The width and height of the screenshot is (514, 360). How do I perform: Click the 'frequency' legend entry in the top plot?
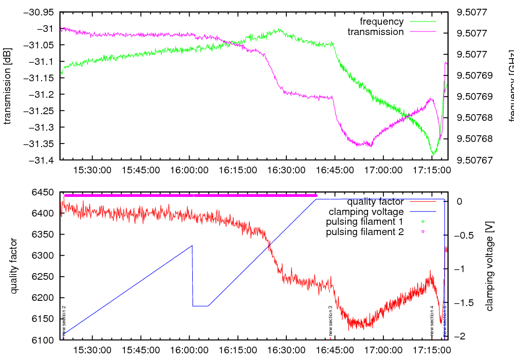pyautogui.click(x=381, y=22)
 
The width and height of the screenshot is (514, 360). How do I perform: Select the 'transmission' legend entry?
pyautogui.click(x=375, y=32)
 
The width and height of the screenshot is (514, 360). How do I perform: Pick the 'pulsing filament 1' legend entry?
pyautogui.click(x=364, y=222)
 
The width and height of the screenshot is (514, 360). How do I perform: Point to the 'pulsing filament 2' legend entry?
pyautogui.click(x=364, y=232)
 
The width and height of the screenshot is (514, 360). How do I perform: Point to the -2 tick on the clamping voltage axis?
pyautogui.click(x=461, y=336)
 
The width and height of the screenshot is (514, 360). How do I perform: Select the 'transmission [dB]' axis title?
pyautogui.click(x=7, y=86)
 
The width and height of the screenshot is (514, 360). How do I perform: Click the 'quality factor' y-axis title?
pyautogui.click(x=13, y=266)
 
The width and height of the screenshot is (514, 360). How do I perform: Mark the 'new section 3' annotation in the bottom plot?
pyautogui.click(x=331, y=321)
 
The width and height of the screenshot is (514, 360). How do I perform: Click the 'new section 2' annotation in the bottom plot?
pyautogui.click(x=64, y=321)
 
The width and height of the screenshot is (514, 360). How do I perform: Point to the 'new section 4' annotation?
pyautogui.click(x=432, y=321)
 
